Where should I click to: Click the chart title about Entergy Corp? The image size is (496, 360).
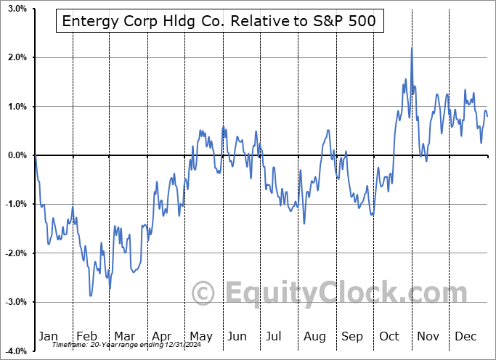click(x=219, y=21)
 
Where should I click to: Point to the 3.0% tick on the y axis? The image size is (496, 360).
click(x=17, y=9)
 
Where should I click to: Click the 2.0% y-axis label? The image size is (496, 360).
click(x=17, y=57)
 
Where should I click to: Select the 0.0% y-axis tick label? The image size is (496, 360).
click(x=17, y=155)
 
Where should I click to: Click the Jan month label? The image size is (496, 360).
click(x=49, y=336)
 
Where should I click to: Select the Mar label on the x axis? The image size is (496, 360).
click(x=124, y=336)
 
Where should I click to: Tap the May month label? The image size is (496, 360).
click(x=200, y=336)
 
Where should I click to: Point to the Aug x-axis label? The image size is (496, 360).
click(x=315, y=336)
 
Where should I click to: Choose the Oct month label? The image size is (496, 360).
click(x=390, y=336)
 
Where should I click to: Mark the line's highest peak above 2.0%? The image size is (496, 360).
click(x=411, y=48)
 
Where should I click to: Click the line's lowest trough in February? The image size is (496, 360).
click(x=91, y=295)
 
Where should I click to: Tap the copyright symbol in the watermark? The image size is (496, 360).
click(x=203, y=293)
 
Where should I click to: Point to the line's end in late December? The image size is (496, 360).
click(x=487, y=115)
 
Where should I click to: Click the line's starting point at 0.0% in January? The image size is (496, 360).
click(x=35, y=155)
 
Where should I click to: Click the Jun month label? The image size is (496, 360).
click(x=237, y=336)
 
